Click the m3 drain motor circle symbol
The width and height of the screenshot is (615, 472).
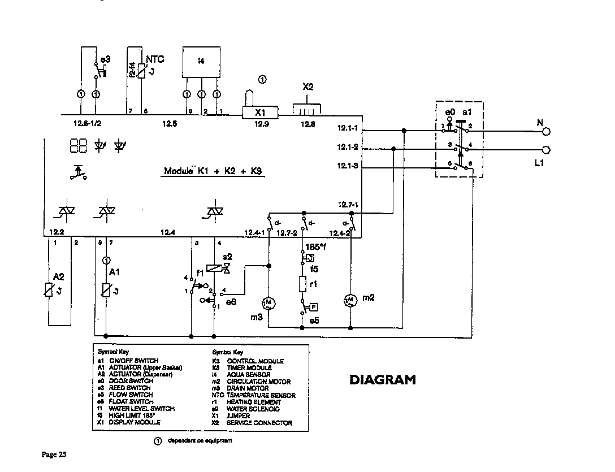pos(269,303)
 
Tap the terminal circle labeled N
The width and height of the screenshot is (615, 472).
pos(546,131)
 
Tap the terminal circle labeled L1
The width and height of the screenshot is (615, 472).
pos(546,150)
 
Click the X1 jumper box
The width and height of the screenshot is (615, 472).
pos(259,112)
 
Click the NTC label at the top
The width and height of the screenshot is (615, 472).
pos(155,59)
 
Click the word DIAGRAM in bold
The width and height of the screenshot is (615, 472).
pos(382,380)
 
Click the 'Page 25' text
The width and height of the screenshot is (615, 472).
pos(54,454)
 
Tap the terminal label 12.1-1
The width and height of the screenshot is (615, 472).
pos(347,128)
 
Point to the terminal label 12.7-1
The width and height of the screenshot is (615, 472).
pos(348,205)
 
